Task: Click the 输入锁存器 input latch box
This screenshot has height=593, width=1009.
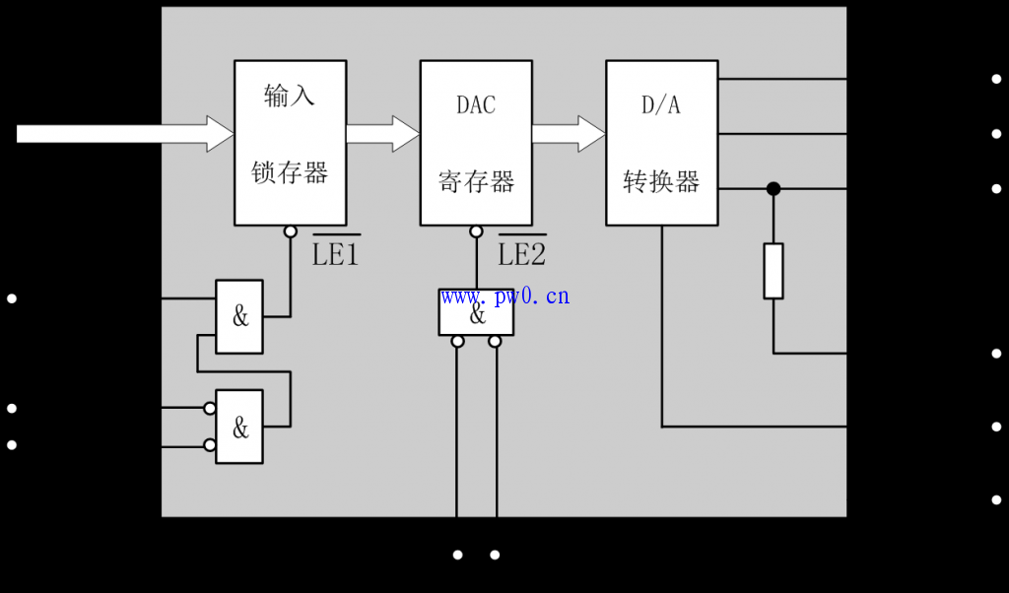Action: click(290, 143)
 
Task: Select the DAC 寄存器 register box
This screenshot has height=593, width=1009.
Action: click(476, 143)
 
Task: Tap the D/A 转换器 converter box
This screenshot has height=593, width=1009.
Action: click(661, 143)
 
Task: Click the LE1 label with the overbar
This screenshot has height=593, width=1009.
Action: click(336, 254)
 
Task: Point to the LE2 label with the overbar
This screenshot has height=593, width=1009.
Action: click(521, 254)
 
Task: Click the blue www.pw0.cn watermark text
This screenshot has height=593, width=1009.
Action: click(505, 296)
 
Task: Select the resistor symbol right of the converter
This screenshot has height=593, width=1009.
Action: click(774, 271)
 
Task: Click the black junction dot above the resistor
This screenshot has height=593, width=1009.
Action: click(774, 188)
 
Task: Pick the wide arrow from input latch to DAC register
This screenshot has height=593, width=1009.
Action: click(383, 134)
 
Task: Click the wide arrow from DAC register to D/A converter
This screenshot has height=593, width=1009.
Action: click(569, 134)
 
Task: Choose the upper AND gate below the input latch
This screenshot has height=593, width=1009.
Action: click(239, 317)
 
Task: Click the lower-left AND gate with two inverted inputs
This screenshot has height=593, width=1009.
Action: click(239, 428)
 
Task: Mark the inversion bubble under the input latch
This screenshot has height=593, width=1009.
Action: click(290, 231)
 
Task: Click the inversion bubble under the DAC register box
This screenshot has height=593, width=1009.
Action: click(476, 231)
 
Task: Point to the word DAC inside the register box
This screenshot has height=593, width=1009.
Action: click(476, 104)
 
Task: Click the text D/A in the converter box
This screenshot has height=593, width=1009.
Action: click(661, 104)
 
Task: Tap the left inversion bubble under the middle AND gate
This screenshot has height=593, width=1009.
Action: click(457, 342)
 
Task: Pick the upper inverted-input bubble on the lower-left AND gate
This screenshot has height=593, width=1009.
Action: click(210, 408)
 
